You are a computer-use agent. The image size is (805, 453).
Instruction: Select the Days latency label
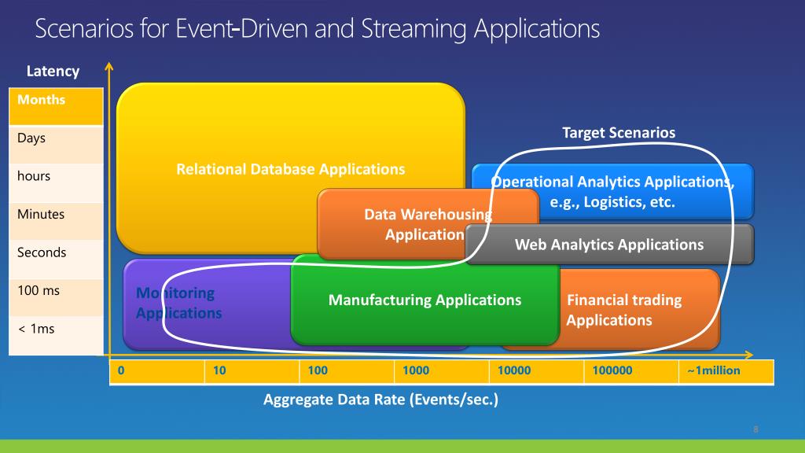(x=31, y=138)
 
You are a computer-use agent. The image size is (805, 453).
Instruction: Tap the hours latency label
(x=34, y=176)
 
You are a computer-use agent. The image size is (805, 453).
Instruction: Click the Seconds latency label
(x=42, y=252)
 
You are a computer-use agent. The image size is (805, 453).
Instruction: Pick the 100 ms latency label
(x=39, y=291)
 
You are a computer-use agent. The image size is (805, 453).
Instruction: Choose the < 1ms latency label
(x=36, y=329)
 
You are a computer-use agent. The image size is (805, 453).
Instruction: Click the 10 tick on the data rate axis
(x=219, y=371)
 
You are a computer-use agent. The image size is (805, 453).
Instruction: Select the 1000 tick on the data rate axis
(x=416, y=371)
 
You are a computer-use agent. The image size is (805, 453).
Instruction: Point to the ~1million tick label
(x=713, y=371)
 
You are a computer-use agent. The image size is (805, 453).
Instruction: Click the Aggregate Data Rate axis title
(x=380, y=400)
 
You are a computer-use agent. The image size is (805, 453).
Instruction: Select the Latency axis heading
(x=53, y=72)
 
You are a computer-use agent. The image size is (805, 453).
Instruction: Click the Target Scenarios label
(x=619, y=133)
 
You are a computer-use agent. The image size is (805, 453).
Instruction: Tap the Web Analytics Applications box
(x=609, y=245)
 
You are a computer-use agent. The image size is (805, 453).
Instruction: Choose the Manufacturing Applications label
(x=425, y=300)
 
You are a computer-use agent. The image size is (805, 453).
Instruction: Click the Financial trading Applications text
(x=613, y=310)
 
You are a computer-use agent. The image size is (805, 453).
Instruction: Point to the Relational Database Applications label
(x=291, y=169)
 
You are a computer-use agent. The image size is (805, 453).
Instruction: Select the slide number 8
(x=755, y=429)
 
